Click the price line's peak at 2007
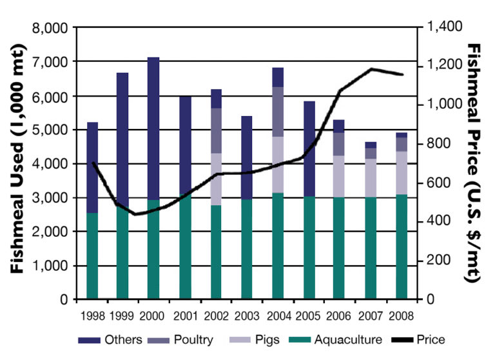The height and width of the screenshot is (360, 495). point(371,69)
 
